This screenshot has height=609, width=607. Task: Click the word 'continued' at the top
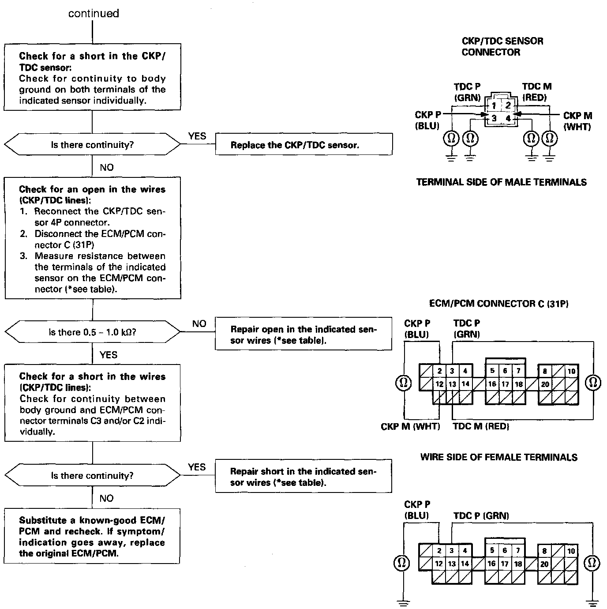click(x=94, y=14)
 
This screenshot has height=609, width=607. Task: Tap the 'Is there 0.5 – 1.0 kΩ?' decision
click(x=92, y=332)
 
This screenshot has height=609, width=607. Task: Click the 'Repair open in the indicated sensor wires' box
click(x=303, y=335)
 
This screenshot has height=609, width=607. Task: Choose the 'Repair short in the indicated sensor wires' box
click(x=303, y=477)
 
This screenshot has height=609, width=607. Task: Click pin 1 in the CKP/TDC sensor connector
click(x=494, y=105)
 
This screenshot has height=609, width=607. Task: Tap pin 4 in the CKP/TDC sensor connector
click(x=508, y=118)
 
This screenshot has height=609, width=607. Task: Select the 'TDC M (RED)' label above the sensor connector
click(x=536, y=92)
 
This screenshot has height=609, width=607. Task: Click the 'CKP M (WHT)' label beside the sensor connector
click(x=577, y=121)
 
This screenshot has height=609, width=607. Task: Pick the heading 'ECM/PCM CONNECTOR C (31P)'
click(x=498, y=304)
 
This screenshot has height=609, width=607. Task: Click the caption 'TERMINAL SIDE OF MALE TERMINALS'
click(x=501, y=182)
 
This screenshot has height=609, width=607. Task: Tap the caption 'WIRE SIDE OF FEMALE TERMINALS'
click(x=498, y=457)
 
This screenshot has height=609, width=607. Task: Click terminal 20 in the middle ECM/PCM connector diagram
click(x=545, y=384)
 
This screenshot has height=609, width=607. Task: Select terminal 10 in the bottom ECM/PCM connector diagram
click(x=571, y=551)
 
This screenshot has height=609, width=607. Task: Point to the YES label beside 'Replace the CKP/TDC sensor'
click(x=197, y=136)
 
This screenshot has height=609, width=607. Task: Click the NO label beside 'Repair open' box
click(x=199, y=323)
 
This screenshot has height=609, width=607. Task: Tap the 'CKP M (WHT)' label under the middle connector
click(x=410, y=426)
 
